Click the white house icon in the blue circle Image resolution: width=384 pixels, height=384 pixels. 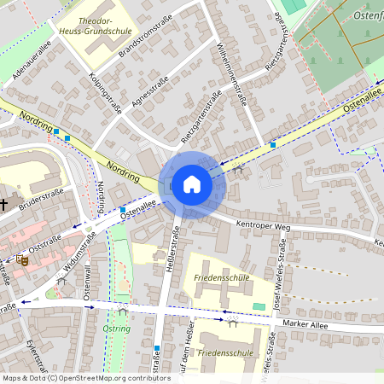pyautogui.click(x=191, y=184)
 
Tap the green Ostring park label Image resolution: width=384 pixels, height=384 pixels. pyautogui.click(x=115, y=329)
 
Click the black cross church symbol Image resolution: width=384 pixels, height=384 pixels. pyautogui.click(x=4, y=204)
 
